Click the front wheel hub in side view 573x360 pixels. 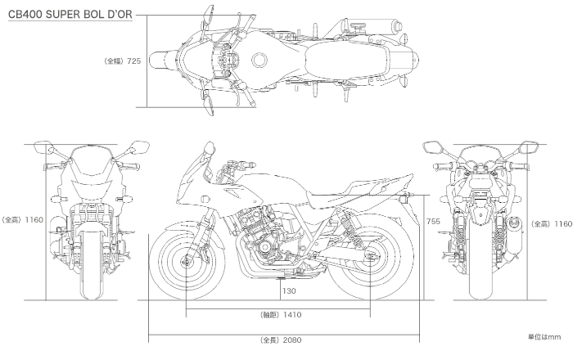click(x=187, y=263)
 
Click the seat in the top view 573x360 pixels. click(x=344, y=60)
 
